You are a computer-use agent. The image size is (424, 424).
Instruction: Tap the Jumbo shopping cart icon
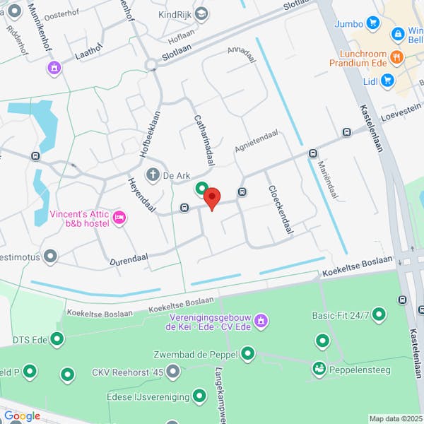coord(375,24)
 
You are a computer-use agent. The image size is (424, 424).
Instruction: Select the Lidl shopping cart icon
coord(387,81)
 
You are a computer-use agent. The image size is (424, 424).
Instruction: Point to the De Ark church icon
coord(152,175)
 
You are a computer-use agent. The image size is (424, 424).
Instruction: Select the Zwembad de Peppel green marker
coord(247,353)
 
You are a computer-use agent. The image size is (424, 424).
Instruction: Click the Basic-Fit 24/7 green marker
coord(379,314)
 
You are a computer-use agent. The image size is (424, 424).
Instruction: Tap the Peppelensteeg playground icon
coord(319,368)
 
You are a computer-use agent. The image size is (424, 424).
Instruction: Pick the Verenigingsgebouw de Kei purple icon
coord(261,322)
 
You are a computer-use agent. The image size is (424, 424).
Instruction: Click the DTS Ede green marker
coord(57,340)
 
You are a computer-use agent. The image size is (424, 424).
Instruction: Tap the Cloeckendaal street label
coord(278,209)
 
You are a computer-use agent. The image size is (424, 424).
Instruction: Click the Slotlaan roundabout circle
coord(151,65)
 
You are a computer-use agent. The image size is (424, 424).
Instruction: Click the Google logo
coord(22,416)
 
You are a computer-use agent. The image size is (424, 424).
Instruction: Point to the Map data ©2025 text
coord(395,418)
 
